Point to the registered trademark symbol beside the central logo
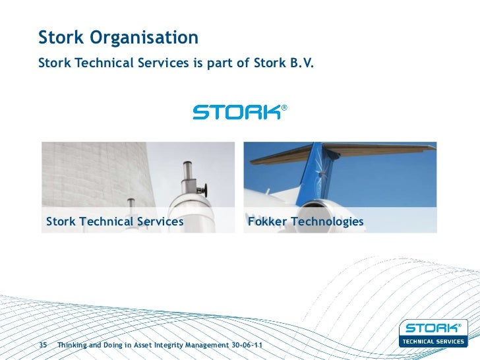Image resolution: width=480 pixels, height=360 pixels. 284,107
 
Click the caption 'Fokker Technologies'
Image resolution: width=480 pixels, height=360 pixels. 305,222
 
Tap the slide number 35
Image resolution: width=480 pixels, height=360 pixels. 44,345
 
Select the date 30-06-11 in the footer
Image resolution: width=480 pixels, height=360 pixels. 250,345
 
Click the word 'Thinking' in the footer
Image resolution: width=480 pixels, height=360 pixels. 75,345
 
